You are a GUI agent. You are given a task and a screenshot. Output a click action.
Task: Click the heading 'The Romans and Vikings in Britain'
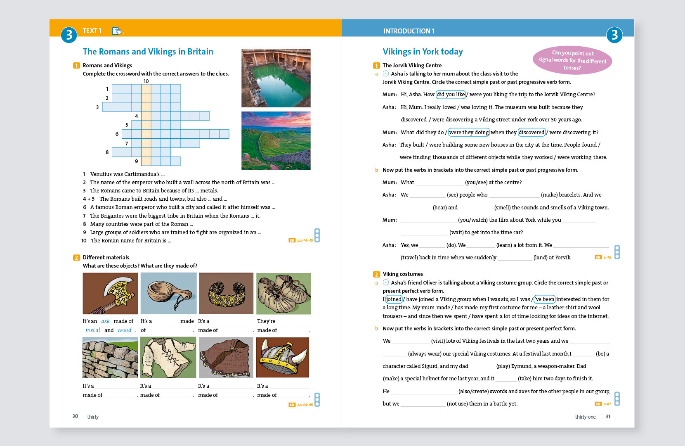pyautogui.click(x=148, y=52)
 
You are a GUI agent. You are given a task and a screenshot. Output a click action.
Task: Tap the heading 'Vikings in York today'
pyautogui.click(x=423, y=52)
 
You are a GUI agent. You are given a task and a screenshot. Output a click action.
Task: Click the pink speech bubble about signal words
pyautogui.click(x=572, y=60)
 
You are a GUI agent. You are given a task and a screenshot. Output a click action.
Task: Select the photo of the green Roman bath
pyautogui.click(x=276, y=78)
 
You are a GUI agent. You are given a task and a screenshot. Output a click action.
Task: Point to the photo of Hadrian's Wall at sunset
pyautogui.click(x=276, y=140)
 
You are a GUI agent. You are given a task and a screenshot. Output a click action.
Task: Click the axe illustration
pyautogui.click(x=110, y=293)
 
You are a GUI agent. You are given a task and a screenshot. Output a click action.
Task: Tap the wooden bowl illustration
pyautogui.click(x=168, y=293)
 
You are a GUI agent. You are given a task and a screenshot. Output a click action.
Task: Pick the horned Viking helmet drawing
pyautogui.click(x=283, y=357)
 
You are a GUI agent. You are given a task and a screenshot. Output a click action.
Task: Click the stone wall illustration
pyautogui.click(x=110, y=357)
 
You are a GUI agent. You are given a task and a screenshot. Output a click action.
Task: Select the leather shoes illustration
pyautogui.click(x=283, y=293)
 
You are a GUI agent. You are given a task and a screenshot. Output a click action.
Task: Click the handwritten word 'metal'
pyautogui.click(x=93, y=330)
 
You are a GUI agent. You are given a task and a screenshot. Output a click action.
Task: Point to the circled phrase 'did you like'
pyautogui.click(x=451, y=95)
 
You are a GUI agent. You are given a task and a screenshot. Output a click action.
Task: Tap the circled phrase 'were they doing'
pyautogui.click(x=469, y=133)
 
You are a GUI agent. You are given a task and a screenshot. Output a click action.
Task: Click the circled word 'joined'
pyautogui.click(x=394, y=299)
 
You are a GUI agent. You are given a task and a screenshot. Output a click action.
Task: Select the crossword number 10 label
pyautogui.click(x=146, y=81)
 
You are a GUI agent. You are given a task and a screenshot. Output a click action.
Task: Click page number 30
pyautogui.click(x=75, y=416)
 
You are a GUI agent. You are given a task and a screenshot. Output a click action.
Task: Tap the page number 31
pyautogui.click(x=608, y=417)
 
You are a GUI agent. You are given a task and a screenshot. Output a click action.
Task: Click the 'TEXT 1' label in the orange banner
pyautogui.click(x=92, y=31)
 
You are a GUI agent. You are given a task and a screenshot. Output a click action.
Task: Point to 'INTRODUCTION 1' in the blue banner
pyautogui.click(x=409, y=31)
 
